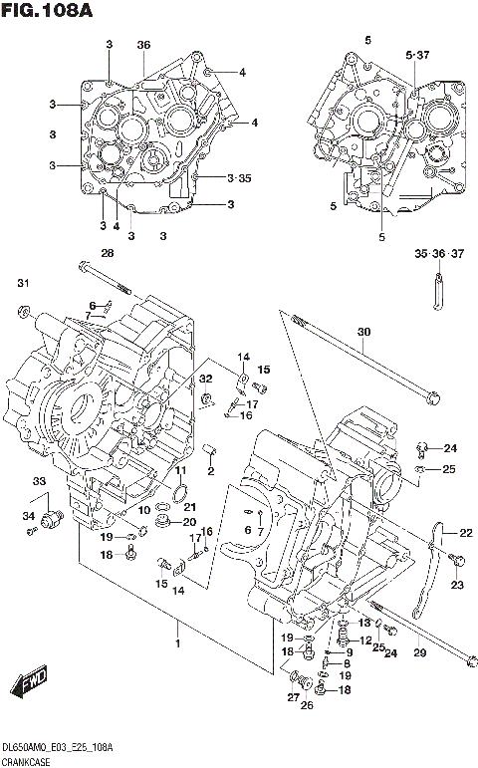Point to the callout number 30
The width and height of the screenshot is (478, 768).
(x=363, y=333)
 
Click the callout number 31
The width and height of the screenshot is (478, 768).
(x=23, y=285)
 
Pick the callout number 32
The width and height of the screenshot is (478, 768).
(x=205, y=379)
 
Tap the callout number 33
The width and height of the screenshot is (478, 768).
(x=39, y=482)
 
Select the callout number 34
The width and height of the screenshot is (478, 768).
(x=30, y=515)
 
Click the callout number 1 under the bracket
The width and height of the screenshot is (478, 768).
(x=179, y=643)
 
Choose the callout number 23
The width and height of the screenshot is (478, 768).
(x=457, y=585)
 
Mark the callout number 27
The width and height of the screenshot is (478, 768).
(x=294, y=697)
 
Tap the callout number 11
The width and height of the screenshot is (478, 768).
(x=180, y=470)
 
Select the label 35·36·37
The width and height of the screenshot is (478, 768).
(x=439, y=255)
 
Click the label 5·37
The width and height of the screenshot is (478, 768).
(x=417, y=54)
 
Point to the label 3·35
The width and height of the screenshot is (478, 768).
(x=239, y=178)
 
